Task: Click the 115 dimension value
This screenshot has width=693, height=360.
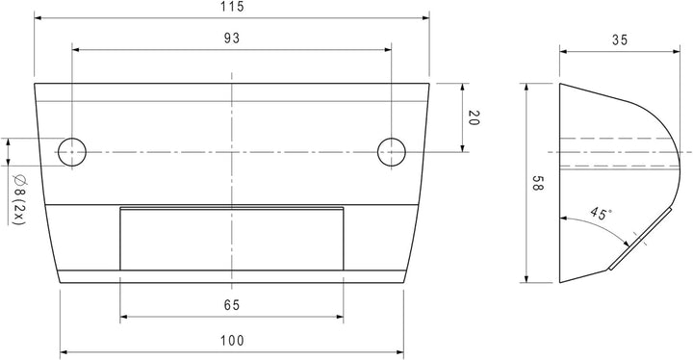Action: (x=231, y=7)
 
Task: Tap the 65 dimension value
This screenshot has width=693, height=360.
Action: (x=231, y=306)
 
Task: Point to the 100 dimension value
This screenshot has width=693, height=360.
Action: (x=231, y=340)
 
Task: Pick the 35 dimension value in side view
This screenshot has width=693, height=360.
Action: (x=619, y=40)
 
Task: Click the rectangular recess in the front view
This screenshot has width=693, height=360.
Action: (x=231, y=239)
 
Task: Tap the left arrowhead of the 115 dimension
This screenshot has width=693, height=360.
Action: (x=38, y=17)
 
